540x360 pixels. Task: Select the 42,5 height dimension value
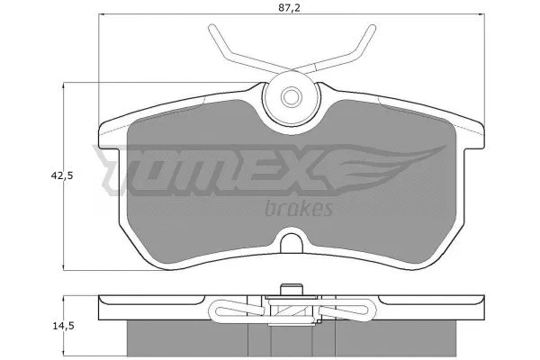coord(62,176)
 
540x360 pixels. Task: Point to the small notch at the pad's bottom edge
coord(290,243)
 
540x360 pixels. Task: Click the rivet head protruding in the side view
coord(290,290)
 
